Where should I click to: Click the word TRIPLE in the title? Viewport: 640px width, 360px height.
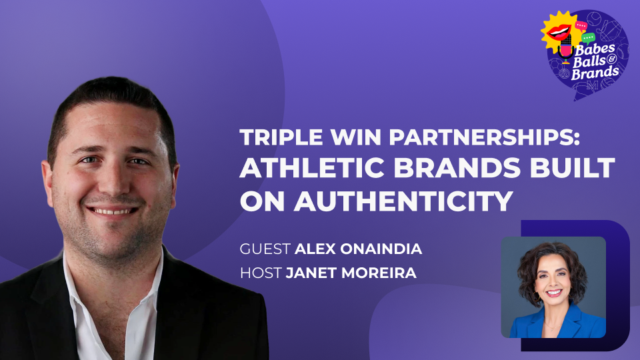(x=281, y=137)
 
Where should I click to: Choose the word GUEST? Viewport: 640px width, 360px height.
(x=265, y=249)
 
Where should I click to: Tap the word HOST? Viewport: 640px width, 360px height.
(x=261, y=273)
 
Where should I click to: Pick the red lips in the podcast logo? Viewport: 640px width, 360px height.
(x=559, y=31)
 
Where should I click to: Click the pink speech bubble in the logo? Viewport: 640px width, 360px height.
(x=581, y=26)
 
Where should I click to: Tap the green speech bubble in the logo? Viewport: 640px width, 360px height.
(x=588, y=39)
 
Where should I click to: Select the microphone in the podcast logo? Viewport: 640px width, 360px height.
(x=565, y=51)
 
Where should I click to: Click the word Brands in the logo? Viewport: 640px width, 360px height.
(x=595, y=73)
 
